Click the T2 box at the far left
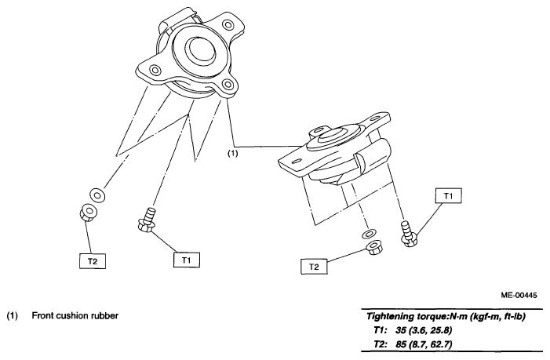point(93,261)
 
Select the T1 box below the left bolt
point(187,260)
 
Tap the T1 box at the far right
point(448,195)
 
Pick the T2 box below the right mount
point(315,267)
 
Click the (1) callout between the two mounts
point(233,153)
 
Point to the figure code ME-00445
point(519,295)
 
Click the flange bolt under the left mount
point(148,220)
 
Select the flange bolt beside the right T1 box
point(408,234)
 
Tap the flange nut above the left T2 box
point(89,213)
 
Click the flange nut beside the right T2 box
point(374,248)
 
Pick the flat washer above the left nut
point(97,195)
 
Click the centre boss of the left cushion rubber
point(201,49)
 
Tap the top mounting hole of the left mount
point(228,25)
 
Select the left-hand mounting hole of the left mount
point(155,70)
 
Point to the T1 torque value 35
point(400,330)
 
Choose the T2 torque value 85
point(401,344)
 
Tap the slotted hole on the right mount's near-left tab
point(297,161)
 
